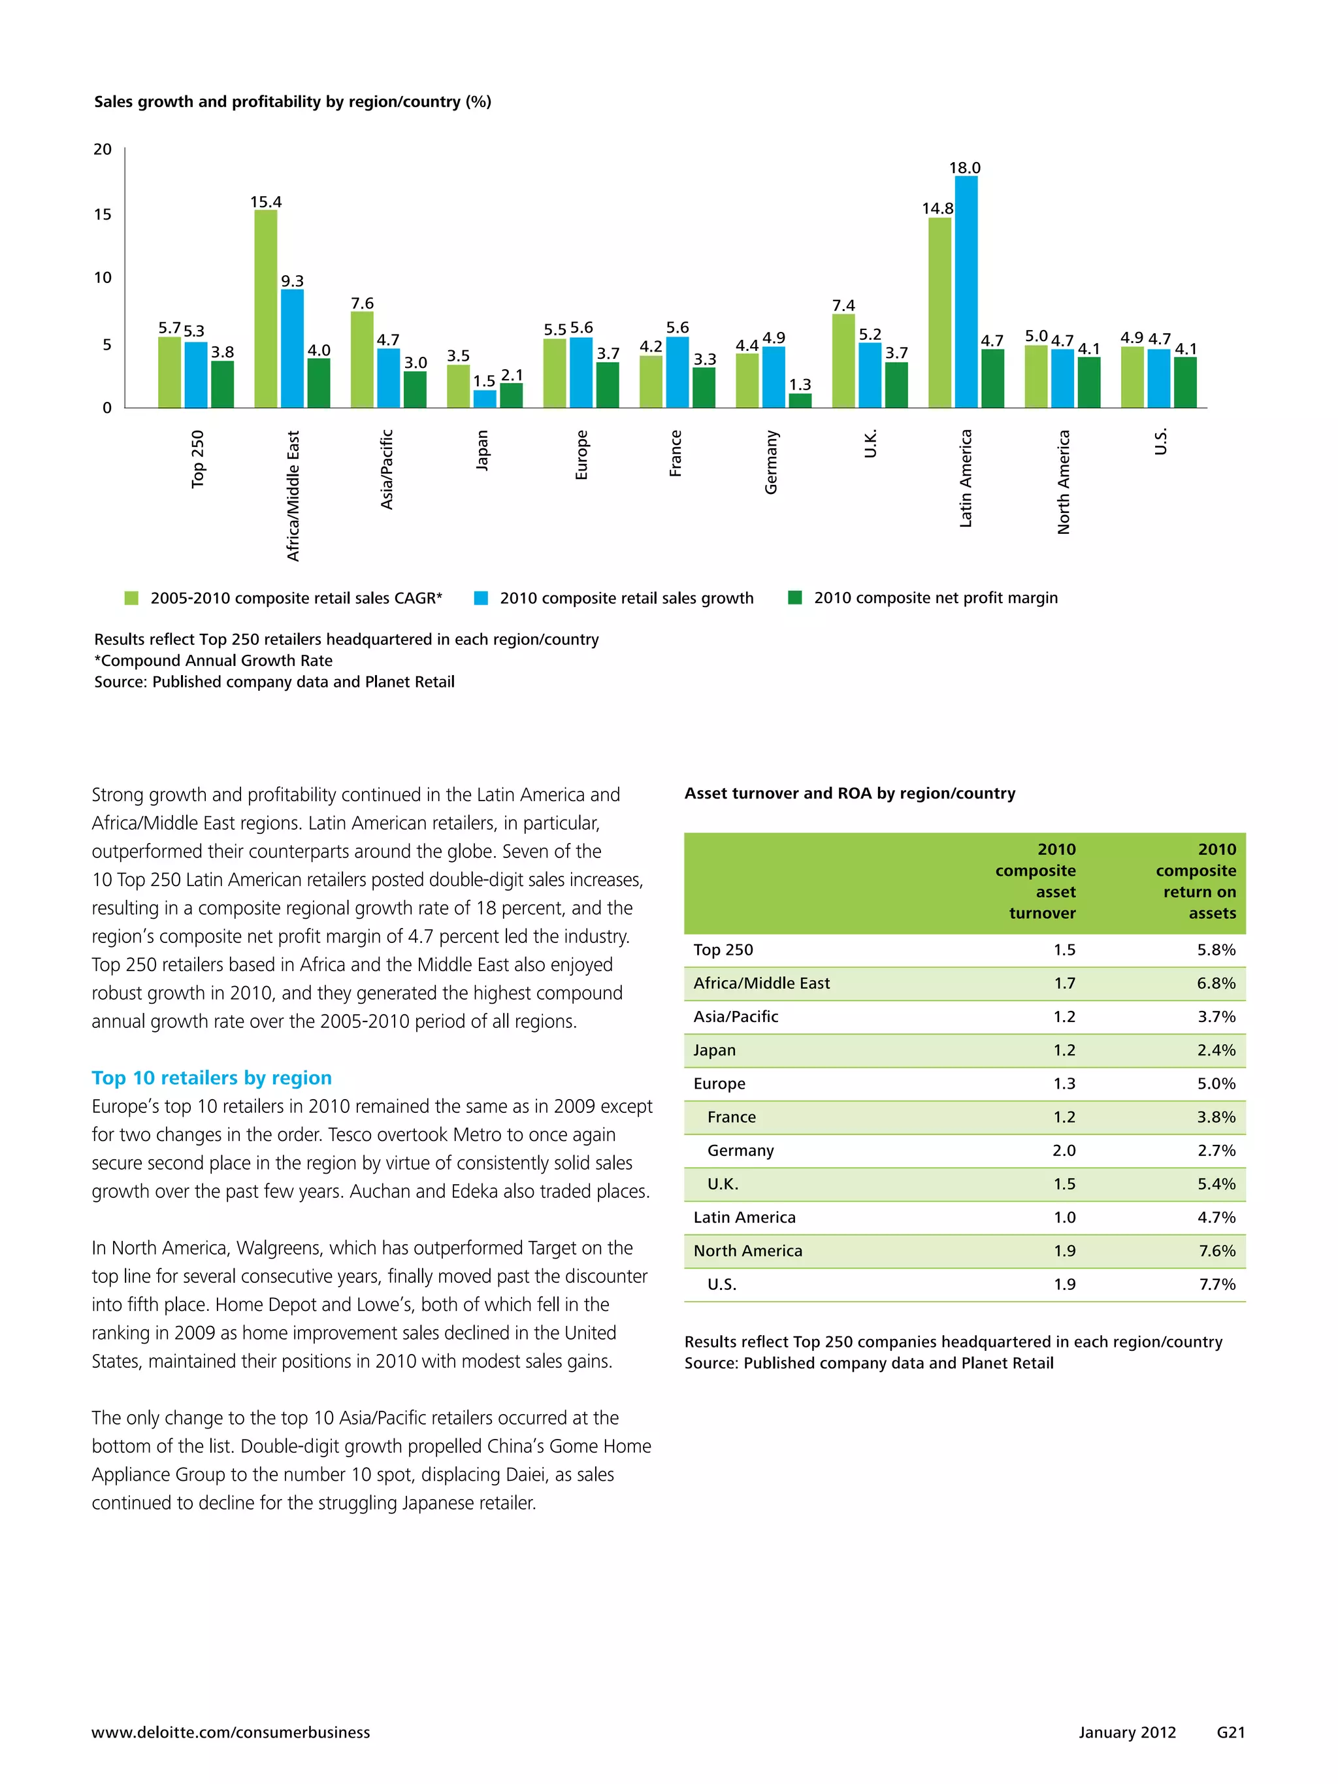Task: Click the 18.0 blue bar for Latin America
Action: (966, 292)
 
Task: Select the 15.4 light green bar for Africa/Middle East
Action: (265, 309)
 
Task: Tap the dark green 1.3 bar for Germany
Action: (800, 401)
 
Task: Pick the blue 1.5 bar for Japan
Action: (485, 399)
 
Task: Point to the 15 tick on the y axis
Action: (103, 214)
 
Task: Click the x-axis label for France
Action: (676, 454)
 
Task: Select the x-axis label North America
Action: (1063, 482)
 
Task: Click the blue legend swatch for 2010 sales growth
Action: (481, 598)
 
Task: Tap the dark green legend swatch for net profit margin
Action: (794, 598)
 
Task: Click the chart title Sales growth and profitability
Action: (292, 102)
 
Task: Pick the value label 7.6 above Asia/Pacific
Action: (362, 303)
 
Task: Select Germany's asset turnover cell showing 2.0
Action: (1064, 1150)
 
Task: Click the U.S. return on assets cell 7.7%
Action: (1216, 1284)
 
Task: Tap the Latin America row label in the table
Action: (743, 1217)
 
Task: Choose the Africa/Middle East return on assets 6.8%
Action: (1216, 983)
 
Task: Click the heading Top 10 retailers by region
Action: (211, 1078)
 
